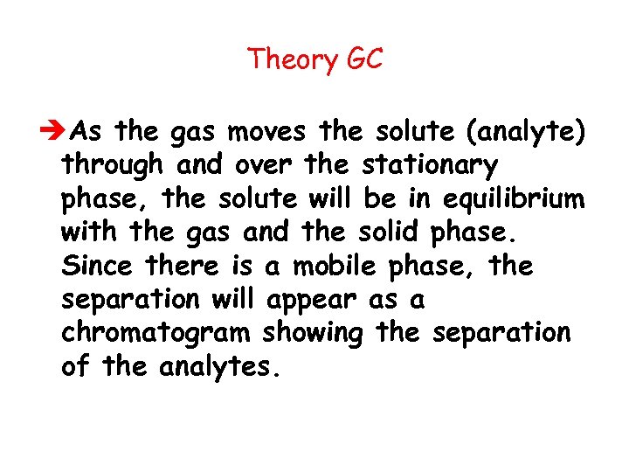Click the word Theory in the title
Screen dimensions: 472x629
click(x=292, y=60)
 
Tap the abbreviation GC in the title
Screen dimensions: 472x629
click(x=365, y=60)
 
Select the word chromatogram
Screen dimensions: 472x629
click(x=157, y=333)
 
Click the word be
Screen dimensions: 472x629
click(x=379, y=198)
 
